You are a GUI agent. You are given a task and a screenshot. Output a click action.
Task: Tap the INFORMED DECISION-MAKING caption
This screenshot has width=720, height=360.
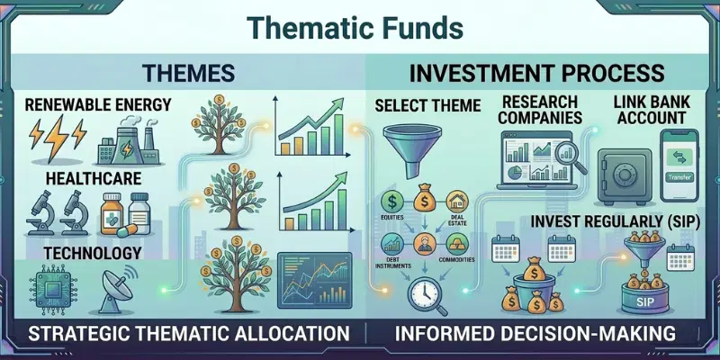click(x=535, y=334)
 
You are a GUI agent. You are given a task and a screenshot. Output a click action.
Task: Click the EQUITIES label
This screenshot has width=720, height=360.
click(x=392, y=217)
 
